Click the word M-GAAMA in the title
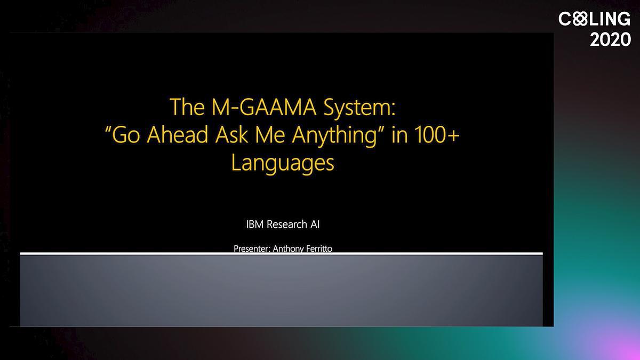263,107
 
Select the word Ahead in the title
178,134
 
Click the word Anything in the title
334,136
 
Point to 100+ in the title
437,134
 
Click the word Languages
283,163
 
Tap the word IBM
254,225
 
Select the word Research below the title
286,225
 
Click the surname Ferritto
317,249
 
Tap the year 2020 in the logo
610,39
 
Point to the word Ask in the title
231,134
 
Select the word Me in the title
270,134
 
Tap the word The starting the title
187,107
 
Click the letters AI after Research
315,225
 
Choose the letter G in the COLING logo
623,19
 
